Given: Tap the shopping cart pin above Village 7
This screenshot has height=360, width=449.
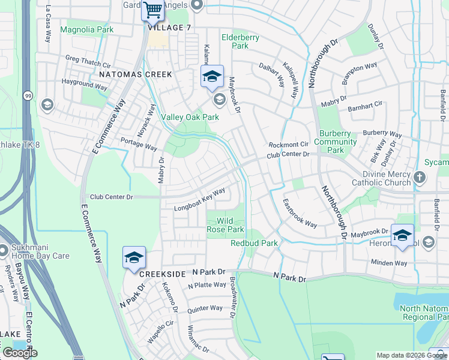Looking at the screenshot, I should [152, 10].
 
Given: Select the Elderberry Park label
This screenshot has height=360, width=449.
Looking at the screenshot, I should [240, 41].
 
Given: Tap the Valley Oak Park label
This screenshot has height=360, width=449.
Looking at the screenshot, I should [190, 118].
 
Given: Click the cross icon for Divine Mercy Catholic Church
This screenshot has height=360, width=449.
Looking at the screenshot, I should [420, 177].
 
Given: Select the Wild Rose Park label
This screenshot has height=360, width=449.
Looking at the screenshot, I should [225, 226].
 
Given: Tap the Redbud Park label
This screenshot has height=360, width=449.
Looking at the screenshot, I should [254, 243].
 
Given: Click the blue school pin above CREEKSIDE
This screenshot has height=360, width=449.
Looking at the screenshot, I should [134, 257].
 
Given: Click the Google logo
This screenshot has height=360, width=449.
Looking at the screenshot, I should [20, 353].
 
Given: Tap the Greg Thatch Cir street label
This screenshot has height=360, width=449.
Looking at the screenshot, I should [89, 62].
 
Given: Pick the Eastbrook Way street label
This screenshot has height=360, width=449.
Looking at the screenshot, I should [300, 213].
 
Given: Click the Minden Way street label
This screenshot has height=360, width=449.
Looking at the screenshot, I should [388, 263].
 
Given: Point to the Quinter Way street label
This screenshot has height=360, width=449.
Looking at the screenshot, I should [205, 308].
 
